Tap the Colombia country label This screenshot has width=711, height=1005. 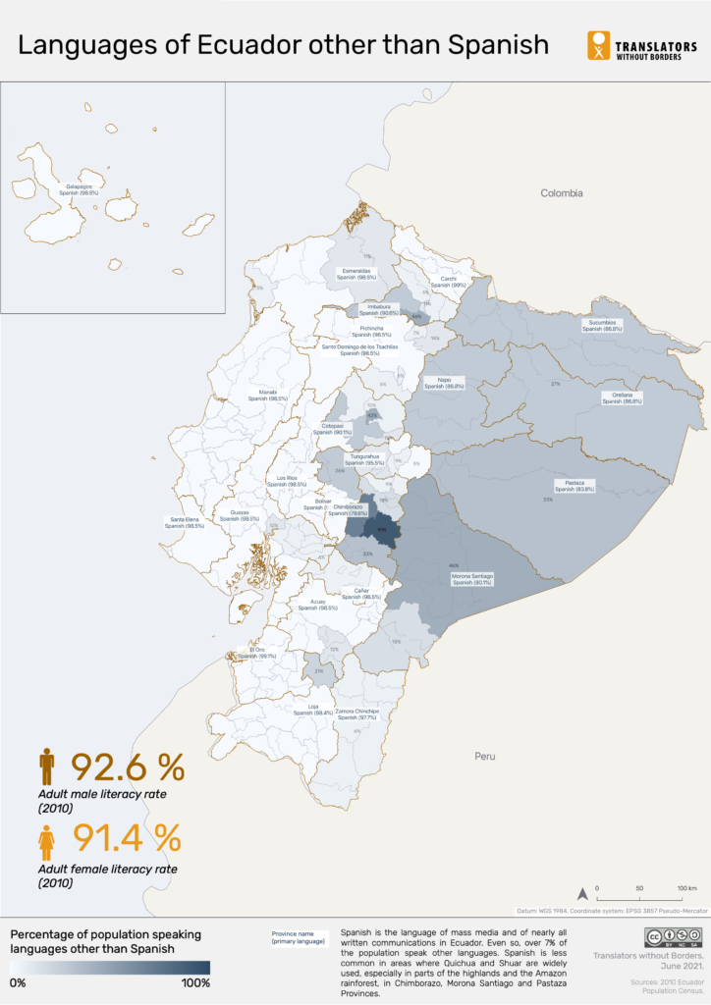[x=562, y=193]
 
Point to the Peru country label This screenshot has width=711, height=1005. [x=485, y=757]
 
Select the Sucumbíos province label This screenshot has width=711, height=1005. [x=602, y=325]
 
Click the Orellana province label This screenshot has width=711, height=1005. [x=622, y=398]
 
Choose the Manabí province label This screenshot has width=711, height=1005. [x=267, y=396]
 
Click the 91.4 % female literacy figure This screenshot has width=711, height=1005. [x=127, y=838]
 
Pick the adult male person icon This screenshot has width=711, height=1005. [x=47, y=765]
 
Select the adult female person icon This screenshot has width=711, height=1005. [x=46, y=840]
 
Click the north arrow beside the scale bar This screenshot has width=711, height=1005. [x=581, y=893]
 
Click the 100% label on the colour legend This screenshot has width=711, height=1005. [x=195, y=982]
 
